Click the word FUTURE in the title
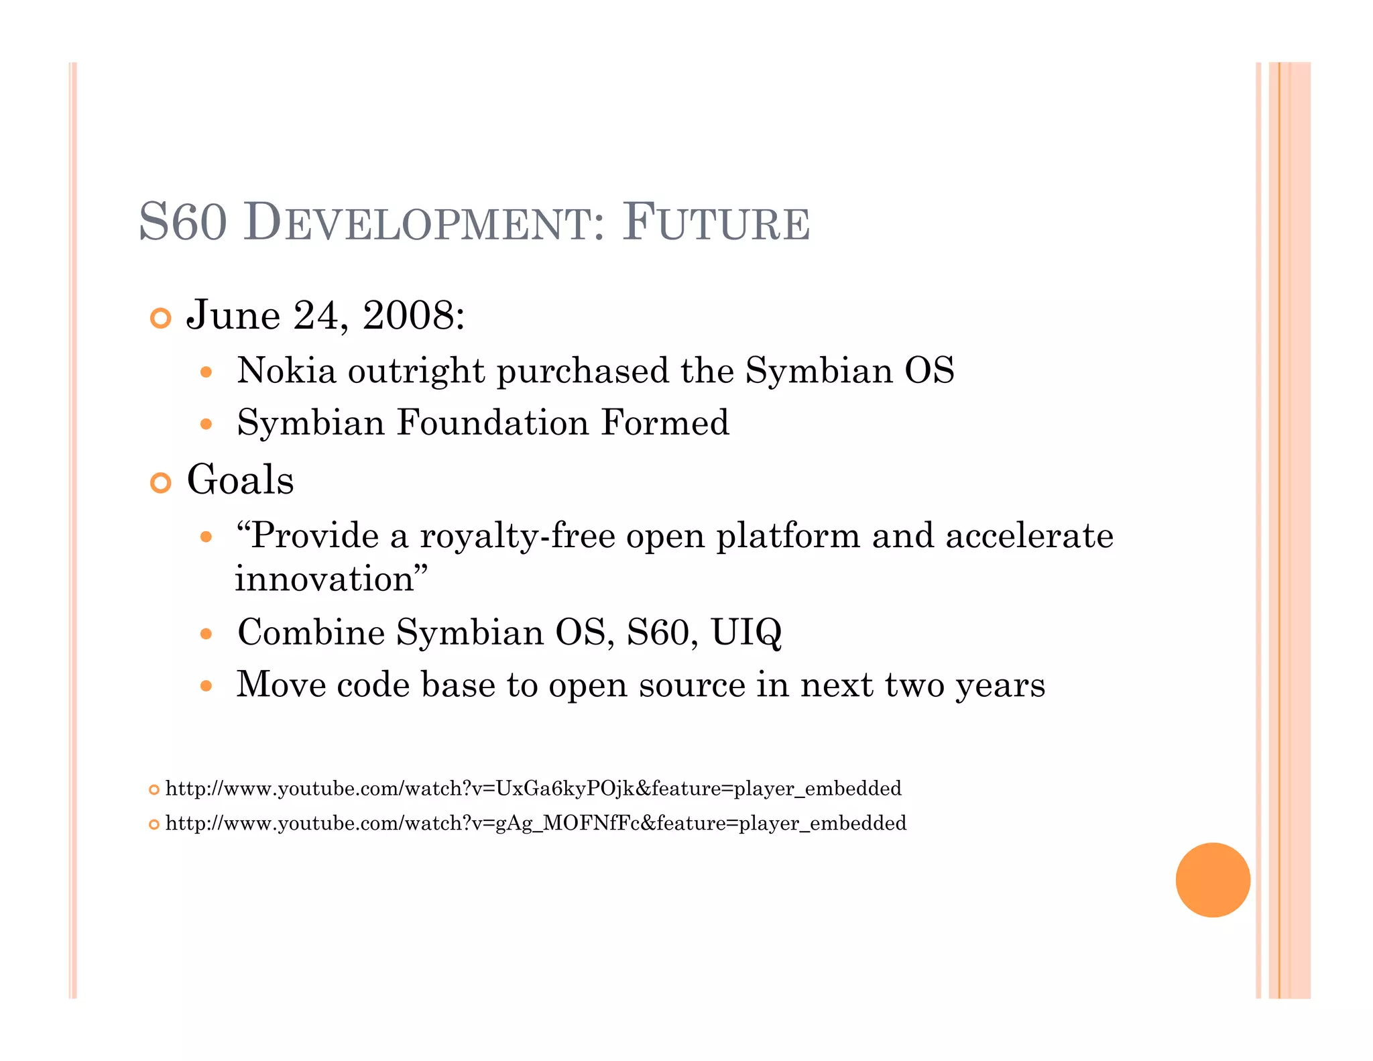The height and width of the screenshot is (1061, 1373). pyautogui.click(x=716, y=223)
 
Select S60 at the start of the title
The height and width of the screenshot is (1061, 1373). pyautogui.click(x=182, y=223)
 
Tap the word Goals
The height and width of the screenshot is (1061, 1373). pyautogui.click(x=240, y=481)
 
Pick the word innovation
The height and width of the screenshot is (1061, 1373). pyautogui.click(x=325, y=579)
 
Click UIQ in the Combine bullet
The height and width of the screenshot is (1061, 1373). pyautogui.click(x=745, y=632)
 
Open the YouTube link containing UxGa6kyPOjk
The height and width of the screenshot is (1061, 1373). pyautogui.click(x=533, y=789)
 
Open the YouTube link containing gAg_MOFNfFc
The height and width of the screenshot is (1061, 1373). pyautogui.click(x=535, y=824)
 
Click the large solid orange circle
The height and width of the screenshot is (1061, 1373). pyautogui.click(x=1212, y=880)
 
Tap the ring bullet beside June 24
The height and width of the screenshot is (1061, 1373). pyautogui.click(x=160, y=318)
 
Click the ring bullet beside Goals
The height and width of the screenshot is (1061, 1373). pyautogui.click(x=160, y=482)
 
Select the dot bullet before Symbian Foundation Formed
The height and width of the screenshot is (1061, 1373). pyautogui.click(x=206, y=425)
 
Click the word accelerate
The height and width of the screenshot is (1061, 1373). pyautogui.click(x=1029, y=537)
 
